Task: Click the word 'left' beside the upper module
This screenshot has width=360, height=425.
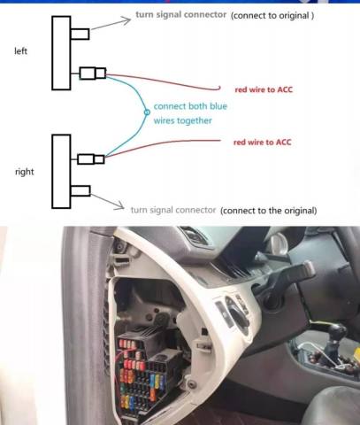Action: [20, 51]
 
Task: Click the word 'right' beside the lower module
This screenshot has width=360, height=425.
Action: [25, 172]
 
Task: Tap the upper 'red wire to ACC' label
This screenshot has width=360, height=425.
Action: [264, 89]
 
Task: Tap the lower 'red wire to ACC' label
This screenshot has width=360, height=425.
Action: [262, 143]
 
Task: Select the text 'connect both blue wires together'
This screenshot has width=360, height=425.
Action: [190, 113]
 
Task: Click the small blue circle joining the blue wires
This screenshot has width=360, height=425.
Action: [147, 112]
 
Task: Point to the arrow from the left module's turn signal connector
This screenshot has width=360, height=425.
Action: [111, 23]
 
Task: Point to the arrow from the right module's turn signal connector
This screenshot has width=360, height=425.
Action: [107, 202]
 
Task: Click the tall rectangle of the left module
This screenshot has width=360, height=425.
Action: [61, 53]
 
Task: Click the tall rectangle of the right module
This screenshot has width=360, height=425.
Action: [61, 172]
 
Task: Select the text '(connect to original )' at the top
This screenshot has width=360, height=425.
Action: [272, 15]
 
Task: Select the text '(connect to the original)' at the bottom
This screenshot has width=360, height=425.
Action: [269, 211]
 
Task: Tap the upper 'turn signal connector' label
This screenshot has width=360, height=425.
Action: [180, 14]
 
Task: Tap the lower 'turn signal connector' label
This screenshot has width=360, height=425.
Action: [173, 210]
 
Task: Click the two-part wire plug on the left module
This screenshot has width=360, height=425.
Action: [93, 73]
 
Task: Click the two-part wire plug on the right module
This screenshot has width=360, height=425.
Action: [91, 159]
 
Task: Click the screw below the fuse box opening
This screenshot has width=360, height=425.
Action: [192, 384]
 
